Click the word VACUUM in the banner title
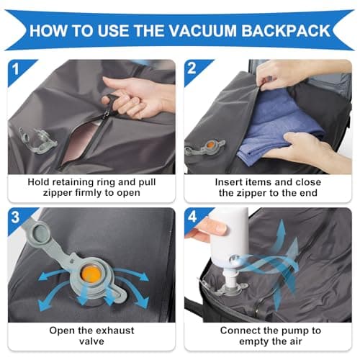point(202,31)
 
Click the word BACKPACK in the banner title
point(286,31)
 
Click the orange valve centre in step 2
point(210,145)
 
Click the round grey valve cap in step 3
point(41,233)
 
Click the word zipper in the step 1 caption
point(58,193)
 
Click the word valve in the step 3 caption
point(91,341)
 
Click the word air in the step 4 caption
point(296,341)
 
